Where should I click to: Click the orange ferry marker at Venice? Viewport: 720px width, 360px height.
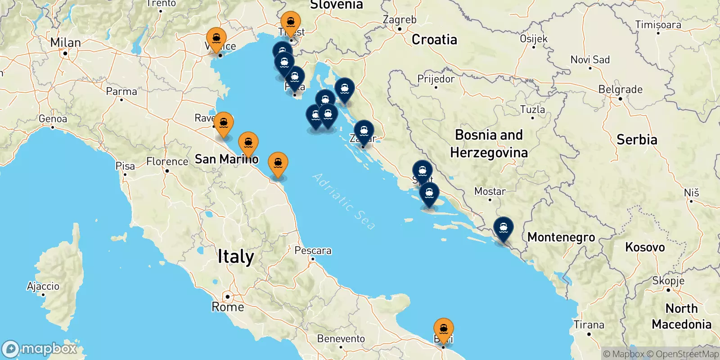click(216, 39)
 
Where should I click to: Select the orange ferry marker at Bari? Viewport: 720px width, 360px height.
click(444, 329)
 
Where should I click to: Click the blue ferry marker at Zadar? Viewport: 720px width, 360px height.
click(364, 132)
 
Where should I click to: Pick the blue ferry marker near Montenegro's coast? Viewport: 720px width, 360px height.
click(503, 228)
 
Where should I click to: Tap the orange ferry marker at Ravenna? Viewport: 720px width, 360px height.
click(224, 123)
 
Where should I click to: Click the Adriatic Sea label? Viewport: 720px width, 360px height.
click(343, 201)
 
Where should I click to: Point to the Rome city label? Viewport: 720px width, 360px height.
click(228, 307)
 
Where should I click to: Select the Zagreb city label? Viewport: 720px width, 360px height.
click(399, 20)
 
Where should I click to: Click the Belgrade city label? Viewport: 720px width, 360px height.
click(620, 90)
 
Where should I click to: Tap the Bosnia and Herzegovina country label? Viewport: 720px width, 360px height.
click(489, 144)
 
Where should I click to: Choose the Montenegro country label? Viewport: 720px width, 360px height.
click(561, 237)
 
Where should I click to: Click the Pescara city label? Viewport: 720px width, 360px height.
click(313, 251)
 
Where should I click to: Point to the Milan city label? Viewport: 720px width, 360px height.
click(66, 43)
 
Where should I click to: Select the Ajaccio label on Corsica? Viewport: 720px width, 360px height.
click(43, 286)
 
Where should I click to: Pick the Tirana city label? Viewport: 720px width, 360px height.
click(589, 324)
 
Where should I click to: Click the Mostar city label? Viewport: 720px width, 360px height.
click(490, 192)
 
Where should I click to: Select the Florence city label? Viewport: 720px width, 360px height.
click(167, 162)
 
